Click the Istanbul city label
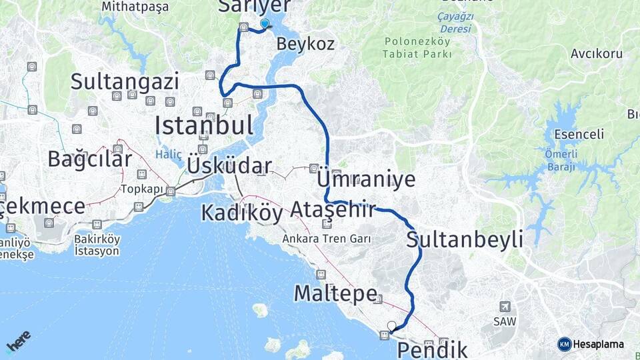pyautogui.click(x=204, y=125)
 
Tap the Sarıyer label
pyautogui.click(x=255, y=6)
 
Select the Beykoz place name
pyautogui.click(x=305, y=45)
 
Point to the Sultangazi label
pyautogui.click(x=125, y=83)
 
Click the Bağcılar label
pyautogui.click(x=90, y=159)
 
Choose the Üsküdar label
pyautogui.click(x=229, y=166)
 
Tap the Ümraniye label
pyautogui.click(x=367, y=179)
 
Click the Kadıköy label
pyautogui.click(x=242, y=213)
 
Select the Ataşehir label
pyautogui.click(x=333, y=209)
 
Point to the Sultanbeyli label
pyautogui.click(x=465, y=240)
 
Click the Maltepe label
pyautogui.click(x=336, y=292)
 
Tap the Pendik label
pyautogui.click(x=433, y=349)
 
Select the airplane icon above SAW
pyautogui.click(x=505, y=306)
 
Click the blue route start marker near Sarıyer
pyautogui.click(x=265, y=24)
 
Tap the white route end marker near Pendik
pyautogui.click(x=391, y=327)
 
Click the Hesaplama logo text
pyautogui.click(x=598, y=344)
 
